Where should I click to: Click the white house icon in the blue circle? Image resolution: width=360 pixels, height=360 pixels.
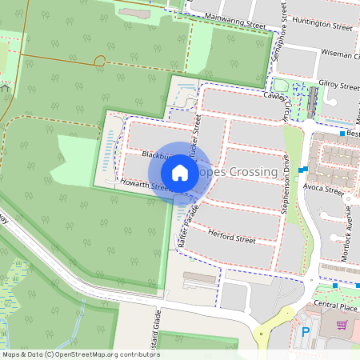click(x=180, y=173)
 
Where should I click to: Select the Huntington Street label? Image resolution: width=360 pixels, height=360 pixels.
click(x=322, y=26)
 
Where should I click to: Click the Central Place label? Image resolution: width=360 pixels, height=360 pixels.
click(x=335, y=305)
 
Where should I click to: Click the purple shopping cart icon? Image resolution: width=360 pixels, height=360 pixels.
click(x=342, y=325)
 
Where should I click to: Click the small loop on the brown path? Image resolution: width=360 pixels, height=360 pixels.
click(x=99, y=61)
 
